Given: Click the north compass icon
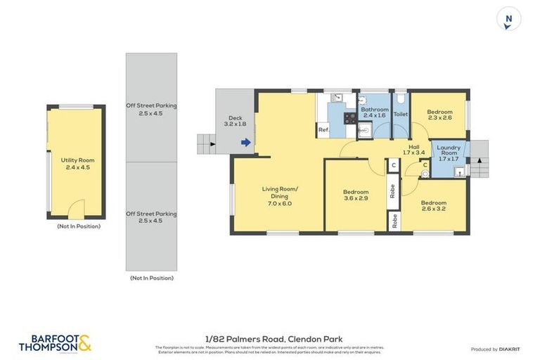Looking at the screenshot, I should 508,19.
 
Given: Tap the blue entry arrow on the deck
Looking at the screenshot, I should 245,143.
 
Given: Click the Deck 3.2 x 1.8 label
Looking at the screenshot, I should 235,121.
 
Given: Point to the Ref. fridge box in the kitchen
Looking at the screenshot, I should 323,130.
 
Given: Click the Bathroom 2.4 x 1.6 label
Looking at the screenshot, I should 374,113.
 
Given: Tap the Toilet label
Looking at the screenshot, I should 400,114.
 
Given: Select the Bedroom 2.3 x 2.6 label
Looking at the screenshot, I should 440,115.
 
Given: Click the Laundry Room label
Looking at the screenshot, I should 449,153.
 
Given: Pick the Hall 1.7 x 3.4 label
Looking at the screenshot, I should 413,150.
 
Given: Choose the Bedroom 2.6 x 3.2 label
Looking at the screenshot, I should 434,207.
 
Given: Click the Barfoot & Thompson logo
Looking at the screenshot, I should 55,343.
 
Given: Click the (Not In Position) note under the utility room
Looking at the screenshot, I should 78,226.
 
